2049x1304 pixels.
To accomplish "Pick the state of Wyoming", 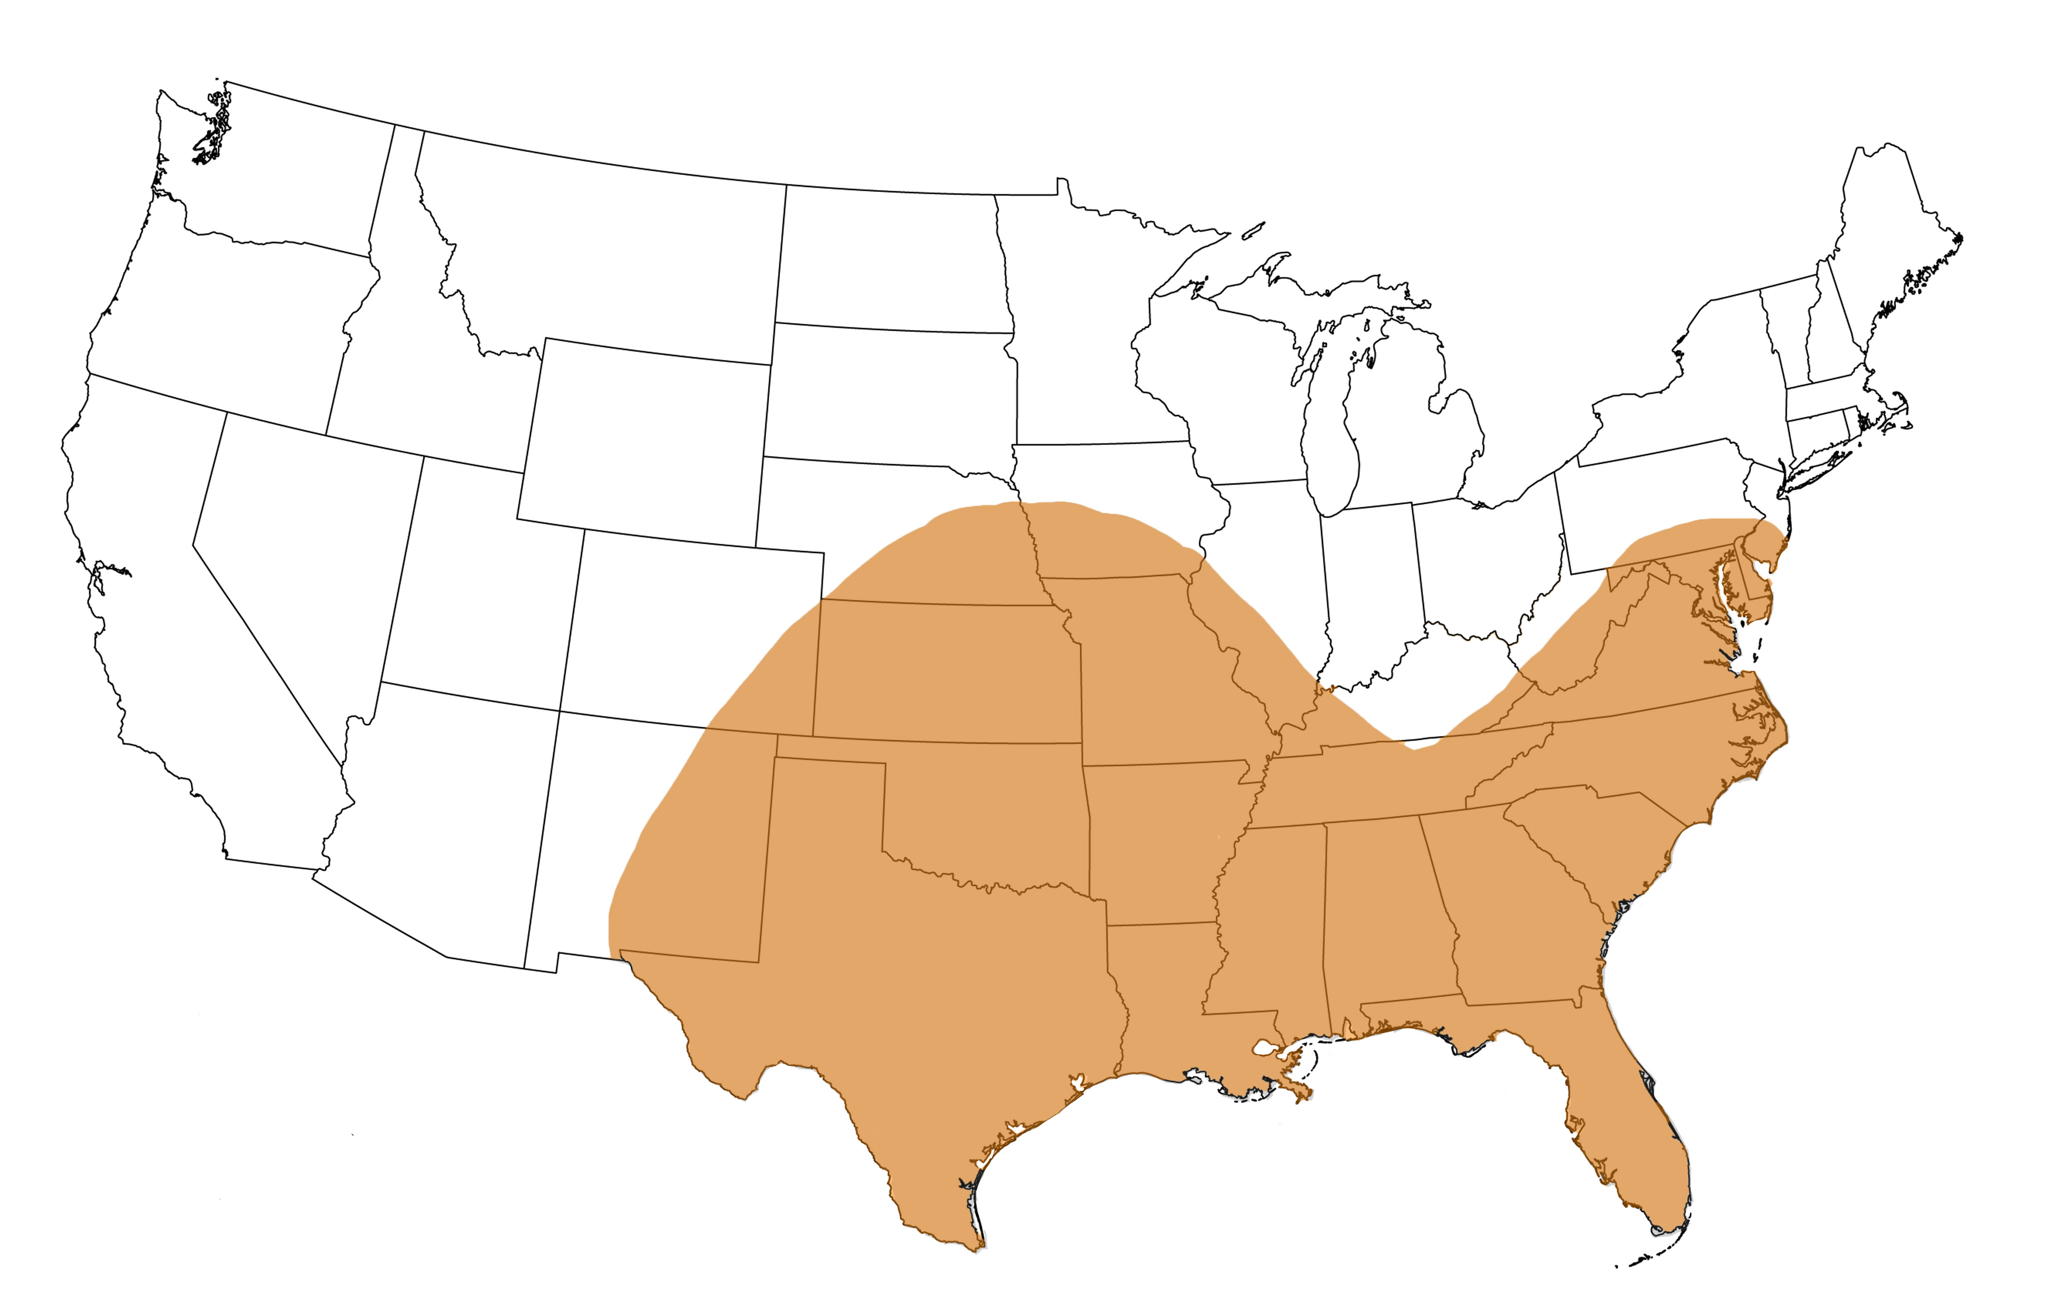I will click(x=647, y=442).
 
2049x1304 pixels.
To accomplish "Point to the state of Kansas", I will click(x=945, y=672).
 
